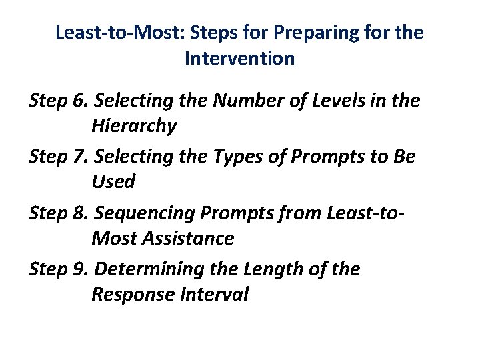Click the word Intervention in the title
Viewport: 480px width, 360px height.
(239, 59)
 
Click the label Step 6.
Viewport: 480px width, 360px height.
(59, 101)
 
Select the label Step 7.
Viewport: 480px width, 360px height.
(59, 157)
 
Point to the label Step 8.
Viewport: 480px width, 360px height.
(59, 213)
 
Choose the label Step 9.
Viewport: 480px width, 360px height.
(59, 269)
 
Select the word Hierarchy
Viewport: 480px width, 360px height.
(134, 126)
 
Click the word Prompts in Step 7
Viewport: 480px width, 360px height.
(317, 157)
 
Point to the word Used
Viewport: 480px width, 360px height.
(113, 181)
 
